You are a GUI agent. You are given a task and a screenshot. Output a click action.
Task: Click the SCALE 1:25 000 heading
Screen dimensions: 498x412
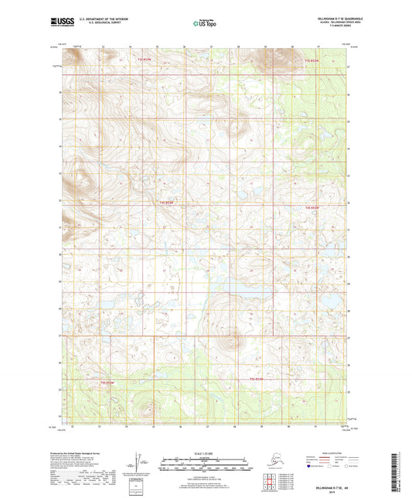[206, 452]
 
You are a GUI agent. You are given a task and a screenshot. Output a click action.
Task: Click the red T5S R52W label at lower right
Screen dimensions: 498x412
[257, 379]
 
